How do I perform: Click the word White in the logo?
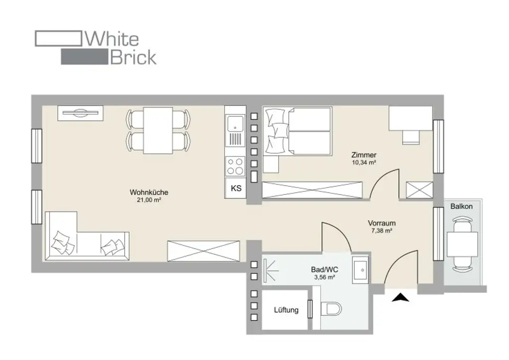point(112,38)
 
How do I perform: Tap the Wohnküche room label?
point(149,192)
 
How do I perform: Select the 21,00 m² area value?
point(149,200)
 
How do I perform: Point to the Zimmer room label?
point(364,155)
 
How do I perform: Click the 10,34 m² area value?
point(364,162)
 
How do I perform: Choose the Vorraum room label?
point(382,223)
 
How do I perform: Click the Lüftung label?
point(286,310)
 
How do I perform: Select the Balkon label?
point(461,206)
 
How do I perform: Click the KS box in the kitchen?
point(236,188)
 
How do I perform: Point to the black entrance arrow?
point(400,298)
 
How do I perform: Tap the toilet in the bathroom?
point(332,310)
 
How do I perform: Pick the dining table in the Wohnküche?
point(158,131)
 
